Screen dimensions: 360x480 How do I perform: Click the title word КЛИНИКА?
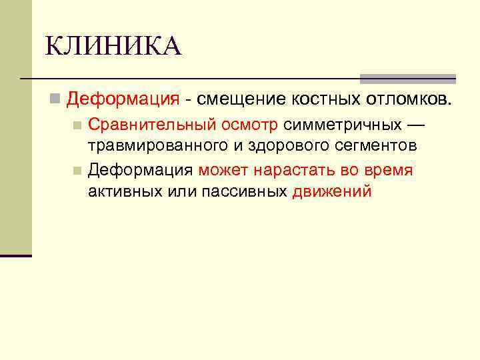pos(113,47)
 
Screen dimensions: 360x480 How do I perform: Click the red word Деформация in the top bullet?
pos(123,99)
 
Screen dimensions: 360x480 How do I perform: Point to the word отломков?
pos(408,99)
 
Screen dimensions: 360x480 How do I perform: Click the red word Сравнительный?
pos(150,125)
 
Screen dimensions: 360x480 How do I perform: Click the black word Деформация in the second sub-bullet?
pos(141,170)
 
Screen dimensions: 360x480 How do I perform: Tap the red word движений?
pos(331,191)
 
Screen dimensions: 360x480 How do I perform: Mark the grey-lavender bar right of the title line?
pos(408,78)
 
